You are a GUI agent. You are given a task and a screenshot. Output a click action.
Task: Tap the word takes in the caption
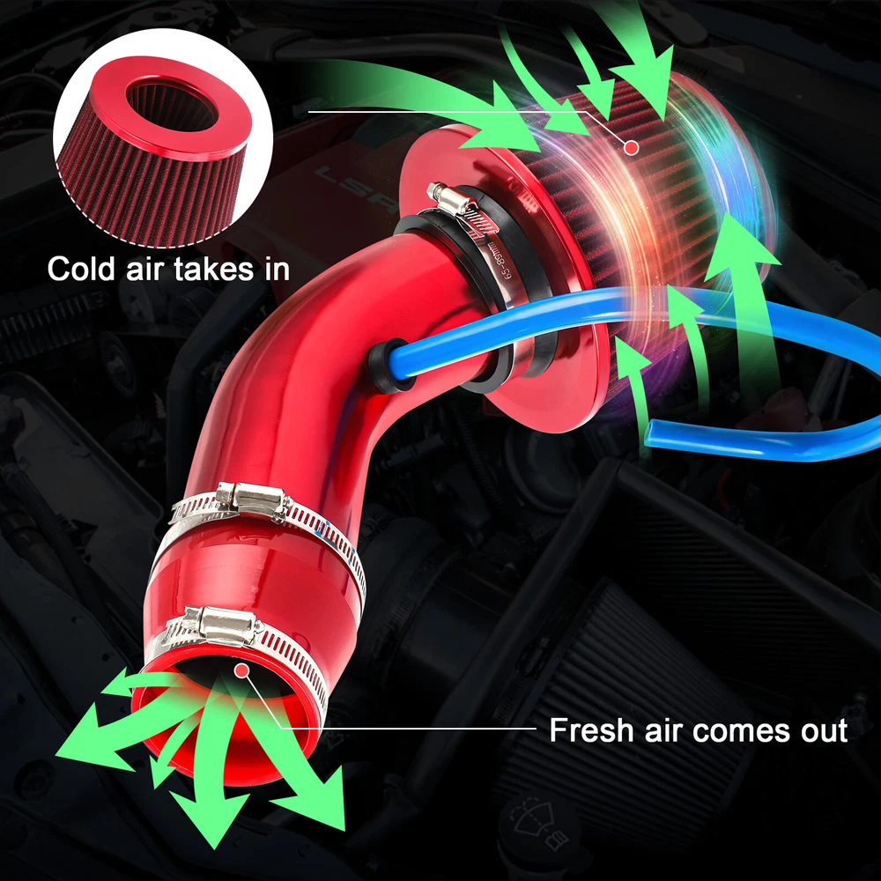213,269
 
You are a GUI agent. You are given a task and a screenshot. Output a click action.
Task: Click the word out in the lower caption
823,731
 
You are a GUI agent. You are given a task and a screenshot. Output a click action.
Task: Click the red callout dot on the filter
632,147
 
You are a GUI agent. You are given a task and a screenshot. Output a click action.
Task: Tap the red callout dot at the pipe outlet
241,670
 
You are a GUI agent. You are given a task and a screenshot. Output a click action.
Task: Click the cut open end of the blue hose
649,433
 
